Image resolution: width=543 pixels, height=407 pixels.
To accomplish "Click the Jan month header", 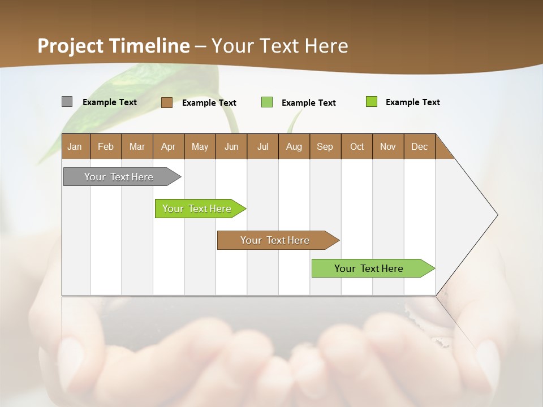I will point(75,146).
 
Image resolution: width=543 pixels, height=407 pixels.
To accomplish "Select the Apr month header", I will point(168,146).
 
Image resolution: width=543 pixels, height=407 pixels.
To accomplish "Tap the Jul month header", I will point(262,146).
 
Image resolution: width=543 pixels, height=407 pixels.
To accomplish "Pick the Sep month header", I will point(325,146).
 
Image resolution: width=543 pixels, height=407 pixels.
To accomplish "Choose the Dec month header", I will point(419,146).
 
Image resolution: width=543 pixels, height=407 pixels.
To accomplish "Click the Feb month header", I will point(106,146).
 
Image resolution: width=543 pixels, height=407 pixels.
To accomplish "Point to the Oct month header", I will point(357,146).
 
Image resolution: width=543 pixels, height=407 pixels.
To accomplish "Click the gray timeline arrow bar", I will point(119,177).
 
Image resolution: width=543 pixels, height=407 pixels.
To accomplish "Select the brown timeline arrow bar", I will point(275,240).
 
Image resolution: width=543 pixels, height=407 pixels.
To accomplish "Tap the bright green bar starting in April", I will point(197,209).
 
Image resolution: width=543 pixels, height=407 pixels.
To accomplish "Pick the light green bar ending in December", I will point(369,269).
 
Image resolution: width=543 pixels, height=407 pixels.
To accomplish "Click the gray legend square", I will point(67,102).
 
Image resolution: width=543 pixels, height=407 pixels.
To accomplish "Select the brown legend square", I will point(166,102).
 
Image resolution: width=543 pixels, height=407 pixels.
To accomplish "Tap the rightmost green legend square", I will point(371,102).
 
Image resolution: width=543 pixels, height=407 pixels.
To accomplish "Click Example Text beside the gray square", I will point(110,102).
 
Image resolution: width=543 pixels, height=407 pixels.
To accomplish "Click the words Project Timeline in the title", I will point(114,46).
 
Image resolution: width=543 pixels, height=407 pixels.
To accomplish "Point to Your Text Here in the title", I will point(279,46).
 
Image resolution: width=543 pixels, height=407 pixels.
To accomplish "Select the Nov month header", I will point(388,146).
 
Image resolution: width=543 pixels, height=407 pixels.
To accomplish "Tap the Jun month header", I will point(231,146).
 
